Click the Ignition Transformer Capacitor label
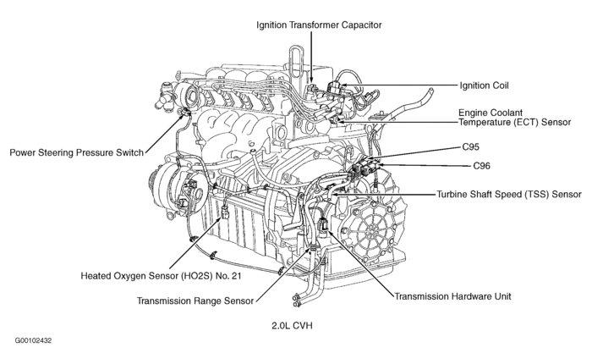320,25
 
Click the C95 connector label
471,146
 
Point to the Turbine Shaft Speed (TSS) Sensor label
509,194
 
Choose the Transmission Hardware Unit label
452,296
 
